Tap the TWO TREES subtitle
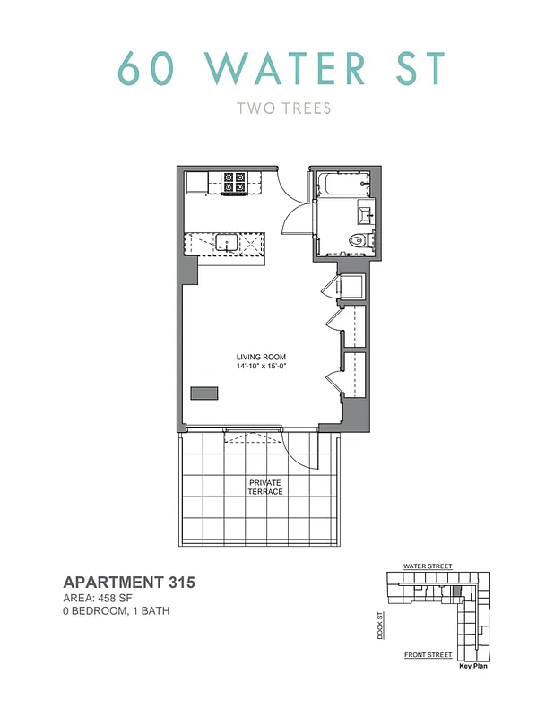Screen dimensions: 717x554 click(283, 109)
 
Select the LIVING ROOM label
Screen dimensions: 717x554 click(261, 357)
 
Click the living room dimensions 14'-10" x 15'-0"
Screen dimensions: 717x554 click(261, 366)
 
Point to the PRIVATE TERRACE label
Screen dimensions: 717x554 click(265, 488)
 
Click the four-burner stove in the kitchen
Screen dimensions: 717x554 click(235, 183)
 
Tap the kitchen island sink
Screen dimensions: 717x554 click(225, 242)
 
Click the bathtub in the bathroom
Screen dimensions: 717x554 click(342, 185)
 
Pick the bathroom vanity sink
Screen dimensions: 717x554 click(365, 213)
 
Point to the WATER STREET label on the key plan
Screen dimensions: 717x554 click(428, 567)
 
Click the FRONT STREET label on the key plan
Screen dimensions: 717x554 click(428, 655)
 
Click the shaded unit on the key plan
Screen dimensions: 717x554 click(456, 592)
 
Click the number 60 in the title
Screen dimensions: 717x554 click(142, 67)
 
